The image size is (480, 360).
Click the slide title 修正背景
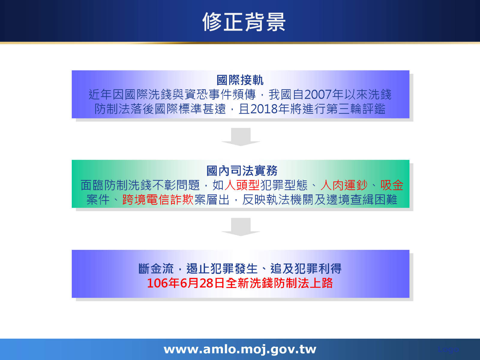[244, 22]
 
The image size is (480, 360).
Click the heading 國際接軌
[240, 80]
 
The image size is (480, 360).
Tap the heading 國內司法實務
[242, 171]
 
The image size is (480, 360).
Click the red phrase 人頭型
[242, 185]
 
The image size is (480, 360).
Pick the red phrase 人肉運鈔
[344, 185]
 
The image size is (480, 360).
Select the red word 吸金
[391, 185]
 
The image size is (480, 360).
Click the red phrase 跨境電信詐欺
[158, 199]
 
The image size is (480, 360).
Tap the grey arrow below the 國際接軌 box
[241, 137]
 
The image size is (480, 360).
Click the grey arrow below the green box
[241, 227]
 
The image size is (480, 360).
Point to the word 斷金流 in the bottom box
[156, 268]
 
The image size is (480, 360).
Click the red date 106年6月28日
[186, 283]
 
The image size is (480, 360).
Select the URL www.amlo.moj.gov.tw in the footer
[240, 349]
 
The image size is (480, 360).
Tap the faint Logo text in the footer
[448, 349]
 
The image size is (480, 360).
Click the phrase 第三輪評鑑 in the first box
[355, 109]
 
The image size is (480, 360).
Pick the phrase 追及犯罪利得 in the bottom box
[306, 268]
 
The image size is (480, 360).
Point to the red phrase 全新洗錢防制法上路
[279, 283]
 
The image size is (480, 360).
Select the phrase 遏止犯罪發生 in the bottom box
[222, 268]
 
